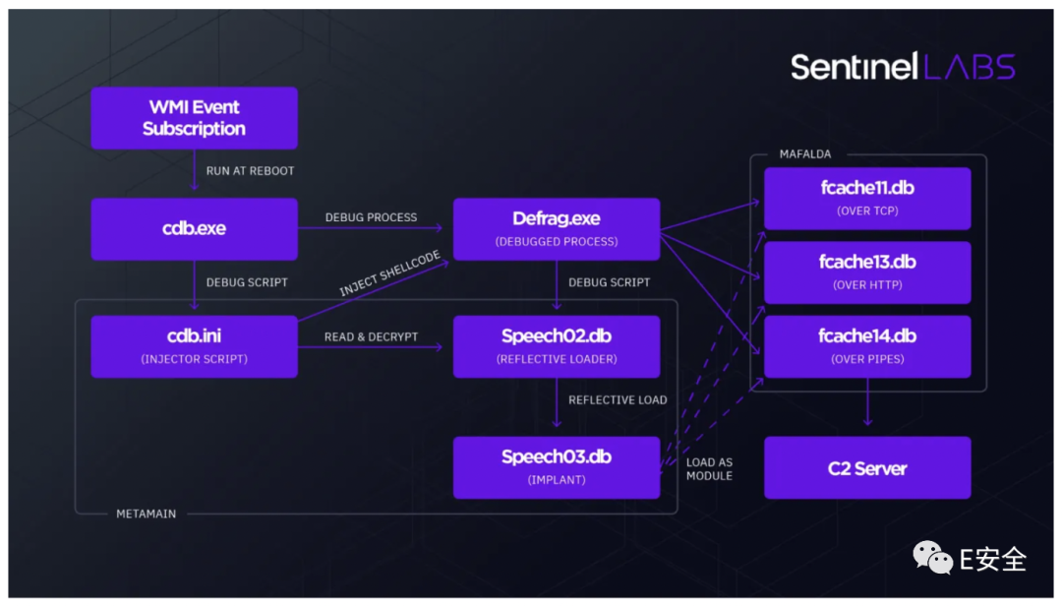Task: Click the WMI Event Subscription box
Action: (x=195, y=118)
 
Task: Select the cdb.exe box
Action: (x=195, y=228)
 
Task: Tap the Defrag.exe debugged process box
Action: (x=557, y=228)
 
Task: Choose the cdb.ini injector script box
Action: (x=195, y=346)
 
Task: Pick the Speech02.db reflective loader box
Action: (x=557, y=346)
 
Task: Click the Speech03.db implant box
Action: (x=557, y=467)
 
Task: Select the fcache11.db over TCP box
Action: (x=867, y=199)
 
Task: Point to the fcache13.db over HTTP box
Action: (x=867, y=273)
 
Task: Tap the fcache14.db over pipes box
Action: (x=867, y=346)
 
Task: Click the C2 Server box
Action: (x=867, y=467)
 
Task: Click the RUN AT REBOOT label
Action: (x=250, y=171)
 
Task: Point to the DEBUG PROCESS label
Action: (x=371, y=217)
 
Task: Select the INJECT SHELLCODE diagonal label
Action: (x=390, y=273)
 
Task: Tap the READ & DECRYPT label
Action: (x=371, y=336)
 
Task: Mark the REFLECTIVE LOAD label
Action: (x=618, y=400)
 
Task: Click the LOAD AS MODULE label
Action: (x=709, y=469)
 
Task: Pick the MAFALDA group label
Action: (x=805, y=153)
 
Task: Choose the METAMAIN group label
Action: (x=147, y=514)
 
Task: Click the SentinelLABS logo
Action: (x=903, y=67)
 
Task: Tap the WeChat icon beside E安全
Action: (x=932, y=558)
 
